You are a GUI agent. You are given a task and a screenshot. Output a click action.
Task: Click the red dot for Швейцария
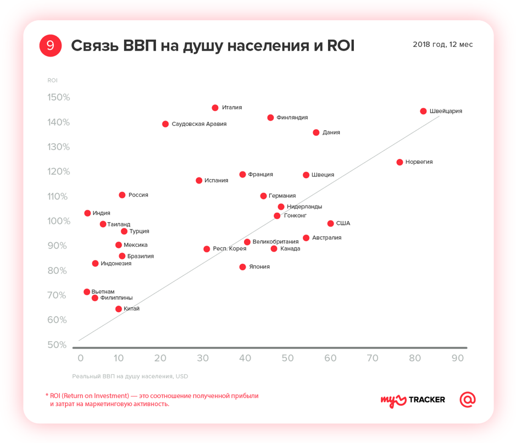click(x=423, y=111)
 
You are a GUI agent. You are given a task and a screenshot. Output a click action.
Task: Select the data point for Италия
click(x=215, y=108)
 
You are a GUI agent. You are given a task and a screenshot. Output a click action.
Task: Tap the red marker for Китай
click(x=118, y=309)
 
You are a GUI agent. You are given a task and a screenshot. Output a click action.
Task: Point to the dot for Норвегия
click(x=400, y=162)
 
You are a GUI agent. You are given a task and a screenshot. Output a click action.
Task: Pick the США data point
click(x=330, y=223)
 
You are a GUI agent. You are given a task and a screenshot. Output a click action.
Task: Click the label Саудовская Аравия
click(x=199, y=124)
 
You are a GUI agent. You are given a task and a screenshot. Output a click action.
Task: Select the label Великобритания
click(x=275, y=242)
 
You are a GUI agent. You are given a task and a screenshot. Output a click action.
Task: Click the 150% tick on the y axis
click(x=58, y=97)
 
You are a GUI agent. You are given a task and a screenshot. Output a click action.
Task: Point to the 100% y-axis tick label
click(x=58, y=221)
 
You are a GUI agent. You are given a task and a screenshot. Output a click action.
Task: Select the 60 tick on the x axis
click(x=330, y=358)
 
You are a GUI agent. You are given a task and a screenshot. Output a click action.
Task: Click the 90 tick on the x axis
click(x=457, y=358)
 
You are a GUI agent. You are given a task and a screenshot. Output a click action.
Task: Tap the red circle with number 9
click(x=50, y=46)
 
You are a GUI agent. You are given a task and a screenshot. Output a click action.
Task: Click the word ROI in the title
click(x=341, y=46)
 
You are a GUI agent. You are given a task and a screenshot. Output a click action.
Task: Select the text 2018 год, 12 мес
click(x=442, y=45)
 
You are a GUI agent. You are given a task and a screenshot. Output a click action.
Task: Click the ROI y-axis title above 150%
click(x=52, y=80)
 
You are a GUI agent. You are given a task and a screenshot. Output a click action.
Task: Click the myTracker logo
click(x=413, y=400)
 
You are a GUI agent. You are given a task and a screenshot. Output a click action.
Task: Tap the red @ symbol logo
click(x=468, y=400)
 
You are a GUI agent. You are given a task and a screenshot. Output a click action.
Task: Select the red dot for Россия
click(x=122, y=195)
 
